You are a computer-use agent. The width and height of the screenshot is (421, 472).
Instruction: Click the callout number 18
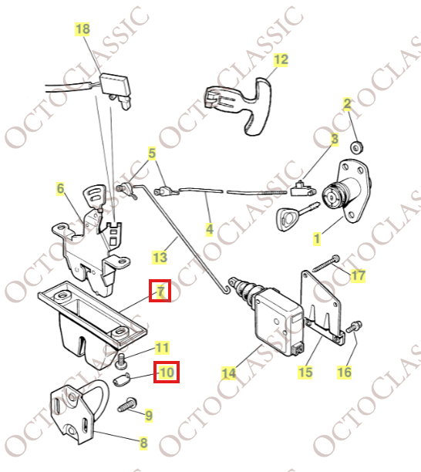tap(83, 29)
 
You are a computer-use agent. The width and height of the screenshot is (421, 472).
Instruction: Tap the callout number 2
tap(348, 103)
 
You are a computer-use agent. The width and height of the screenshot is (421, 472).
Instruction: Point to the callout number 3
tap(335, 140)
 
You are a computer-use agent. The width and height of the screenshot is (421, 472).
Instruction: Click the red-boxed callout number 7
tap(160, 291)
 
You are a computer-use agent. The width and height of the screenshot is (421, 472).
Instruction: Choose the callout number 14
tap(228, 374)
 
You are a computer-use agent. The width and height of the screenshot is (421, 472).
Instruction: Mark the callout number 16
tap(344, 372)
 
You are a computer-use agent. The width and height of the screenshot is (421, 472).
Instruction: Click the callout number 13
tap(160, 257)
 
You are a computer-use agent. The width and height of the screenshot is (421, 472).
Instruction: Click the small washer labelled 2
tap(357, 147)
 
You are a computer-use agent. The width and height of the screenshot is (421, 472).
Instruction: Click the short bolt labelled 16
tap(357, 328)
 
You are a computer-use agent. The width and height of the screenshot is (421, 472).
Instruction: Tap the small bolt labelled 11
tap(121, 359)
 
